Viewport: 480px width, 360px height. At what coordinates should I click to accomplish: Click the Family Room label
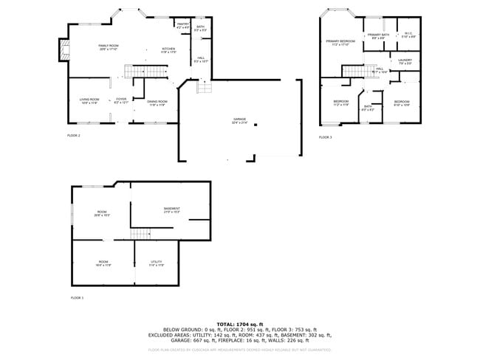pos(109,46)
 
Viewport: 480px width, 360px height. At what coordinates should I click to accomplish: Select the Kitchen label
pos(169,49)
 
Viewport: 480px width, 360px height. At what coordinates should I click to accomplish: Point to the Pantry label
pos(183,24)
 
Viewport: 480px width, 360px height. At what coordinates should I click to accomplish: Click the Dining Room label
pos(157,102)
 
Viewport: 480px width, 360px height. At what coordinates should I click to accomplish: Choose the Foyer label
pos(121,100)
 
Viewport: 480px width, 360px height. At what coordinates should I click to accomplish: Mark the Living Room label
pos(89,100)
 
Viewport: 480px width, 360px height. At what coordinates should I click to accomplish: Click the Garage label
pos(239,120)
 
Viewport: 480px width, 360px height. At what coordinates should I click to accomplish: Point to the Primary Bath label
pos(379,35)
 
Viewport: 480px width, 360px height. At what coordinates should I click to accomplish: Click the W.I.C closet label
pos(408,33)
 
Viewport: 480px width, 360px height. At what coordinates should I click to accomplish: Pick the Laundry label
pos(405,60)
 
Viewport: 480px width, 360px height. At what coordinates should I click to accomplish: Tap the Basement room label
pos(172,210)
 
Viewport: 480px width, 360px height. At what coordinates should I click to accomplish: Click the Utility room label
pos(157,262)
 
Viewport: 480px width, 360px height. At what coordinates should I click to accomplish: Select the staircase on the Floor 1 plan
pos(140,234)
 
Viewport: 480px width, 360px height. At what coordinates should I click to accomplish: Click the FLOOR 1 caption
pos(77,297)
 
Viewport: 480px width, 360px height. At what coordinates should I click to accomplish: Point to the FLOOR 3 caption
pos(326,136)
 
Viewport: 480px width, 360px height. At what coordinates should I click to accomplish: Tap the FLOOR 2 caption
pos(74,136)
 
